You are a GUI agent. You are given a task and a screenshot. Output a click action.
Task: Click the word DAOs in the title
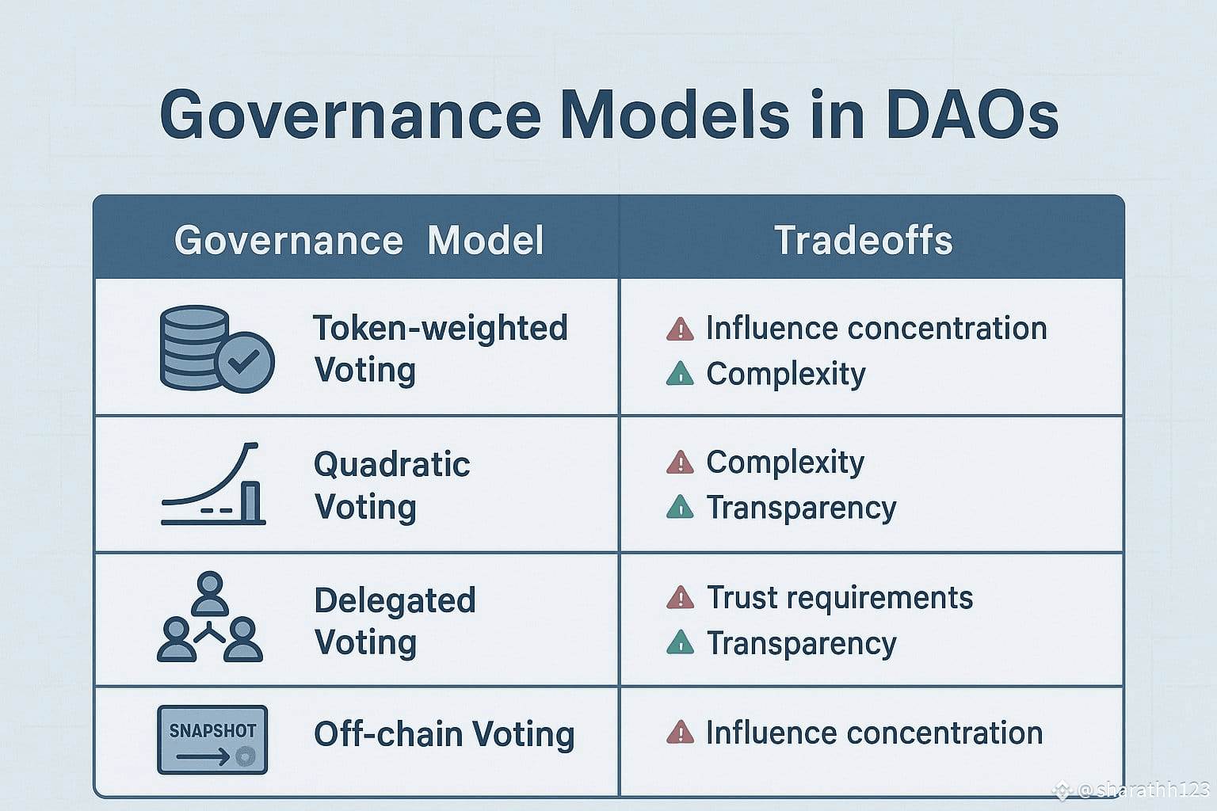[971, 115]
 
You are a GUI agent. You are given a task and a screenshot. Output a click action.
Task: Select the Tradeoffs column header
[864, 239]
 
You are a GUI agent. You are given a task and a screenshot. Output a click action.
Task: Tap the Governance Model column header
[359, 239]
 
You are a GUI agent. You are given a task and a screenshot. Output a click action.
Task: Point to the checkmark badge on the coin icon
[245, 362]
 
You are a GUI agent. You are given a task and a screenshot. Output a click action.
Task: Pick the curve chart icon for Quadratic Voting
[213, 483]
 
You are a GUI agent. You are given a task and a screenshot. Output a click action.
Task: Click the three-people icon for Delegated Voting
[210, 616]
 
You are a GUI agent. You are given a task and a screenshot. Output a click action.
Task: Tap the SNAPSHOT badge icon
[212, 739]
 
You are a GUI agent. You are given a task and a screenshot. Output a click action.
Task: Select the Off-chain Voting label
[444, 734]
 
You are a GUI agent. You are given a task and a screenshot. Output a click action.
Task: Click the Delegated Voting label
[395, 622]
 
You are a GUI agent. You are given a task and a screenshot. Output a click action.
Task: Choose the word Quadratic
[391, 464]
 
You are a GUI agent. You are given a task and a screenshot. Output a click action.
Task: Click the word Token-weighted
[440, 328]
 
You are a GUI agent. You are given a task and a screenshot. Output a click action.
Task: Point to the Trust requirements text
[839, 597]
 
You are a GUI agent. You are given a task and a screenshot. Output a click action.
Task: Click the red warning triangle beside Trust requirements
[681, 597]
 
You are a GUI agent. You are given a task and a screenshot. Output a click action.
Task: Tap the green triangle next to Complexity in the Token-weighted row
[681, 374]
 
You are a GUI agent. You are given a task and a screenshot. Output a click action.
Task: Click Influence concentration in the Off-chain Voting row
[874, 733]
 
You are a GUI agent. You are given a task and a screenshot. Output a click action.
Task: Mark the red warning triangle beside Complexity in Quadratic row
[681, 463]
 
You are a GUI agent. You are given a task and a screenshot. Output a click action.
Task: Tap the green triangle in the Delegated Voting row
[681, 642]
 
